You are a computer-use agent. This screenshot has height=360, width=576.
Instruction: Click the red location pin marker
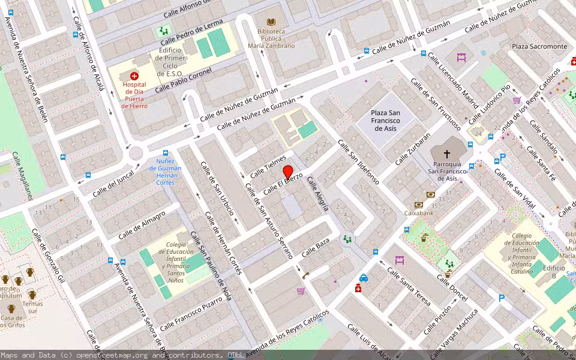point(287,172)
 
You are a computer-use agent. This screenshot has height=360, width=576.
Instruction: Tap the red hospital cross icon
point(134,76)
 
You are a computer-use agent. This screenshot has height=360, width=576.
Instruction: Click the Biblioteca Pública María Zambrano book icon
point(271,22)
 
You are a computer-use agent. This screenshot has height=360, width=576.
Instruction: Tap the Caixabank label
point(419,212)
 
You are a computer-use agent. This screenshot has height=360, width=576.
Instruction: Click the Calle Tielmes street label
point(268,166)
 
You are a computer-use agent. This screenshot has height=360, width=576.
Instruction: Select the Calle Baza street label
point(316,247)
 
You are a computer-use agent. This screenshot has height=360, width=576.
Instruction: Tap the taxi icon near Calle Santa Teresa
point(363,278)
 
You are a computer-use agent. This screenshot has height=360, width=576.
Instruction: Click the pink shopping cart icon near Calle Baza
point(301,291)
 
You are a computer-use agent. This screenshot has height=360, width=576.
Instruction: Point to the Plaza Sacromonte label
point(539,46)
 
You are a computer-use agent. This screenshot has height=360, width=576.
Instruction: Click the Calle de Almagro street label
point(142,225)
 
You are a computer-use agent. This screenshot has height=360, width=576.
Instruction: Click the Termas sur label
point(32,307)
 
